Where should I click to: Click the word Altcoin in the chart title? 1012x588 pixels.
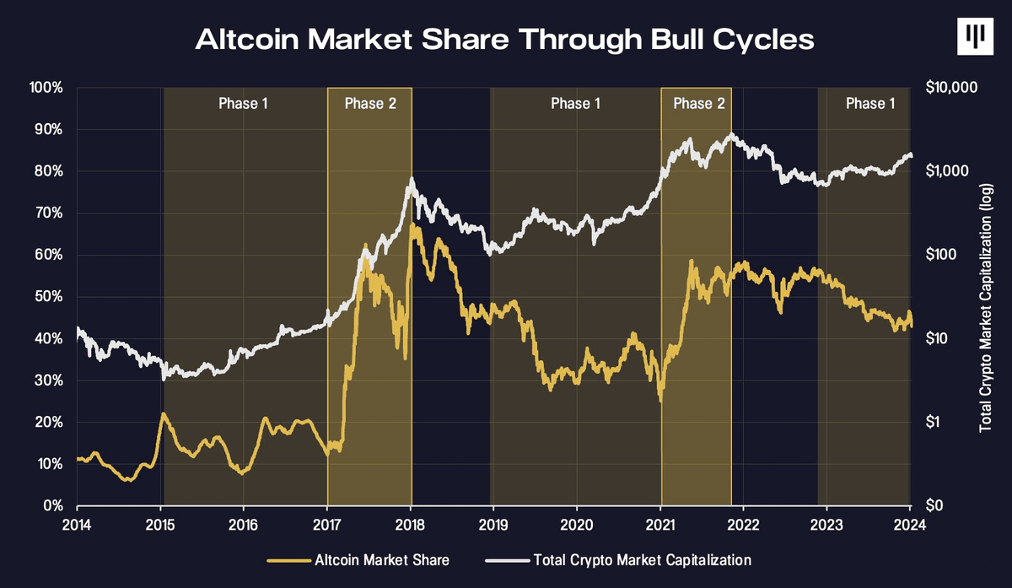(x=247, y=40)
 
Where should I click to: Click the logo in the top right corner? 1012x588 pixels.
(x=975, y=36)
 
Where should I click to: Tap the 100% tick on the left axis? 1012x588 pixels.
(x=46, y=88)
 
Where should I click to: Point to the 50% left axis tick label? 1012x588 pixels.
(x=49, y=297)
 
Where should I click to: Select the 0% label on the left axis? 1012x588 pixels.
(x=53, y=505)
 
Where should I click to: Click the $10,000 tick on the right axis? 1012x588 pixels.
(x=951, y=87)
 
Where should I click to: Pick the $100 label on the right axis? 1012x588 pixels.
(x=941, y=255)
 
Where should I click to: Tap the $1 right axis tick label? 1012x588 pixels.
(x=934, y=422)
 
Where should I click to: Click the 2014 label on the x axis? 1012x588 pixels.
(x=77, y=526)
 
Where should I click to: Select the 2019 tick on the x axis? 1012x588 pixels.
(x=493, y=526)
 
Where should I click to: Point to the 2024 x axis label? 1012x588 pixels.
(x=910, y=526)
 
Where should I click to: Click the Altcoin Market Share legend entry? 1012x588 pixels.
(x=358, y=560)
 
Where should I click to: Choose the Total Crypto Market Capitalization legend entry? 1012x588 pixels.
(x=618, y=560)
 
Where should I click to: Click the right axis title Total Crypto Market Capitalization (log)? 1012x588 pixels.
(x=985, y=308)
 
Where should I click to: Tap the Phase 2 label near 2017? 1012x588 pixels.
(x=370, y=104)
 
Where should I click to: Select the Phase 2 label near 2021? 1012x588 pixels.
(x=699, y=104)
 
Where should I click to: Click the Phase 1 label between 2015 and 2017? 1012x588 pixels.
(x=243, y=104)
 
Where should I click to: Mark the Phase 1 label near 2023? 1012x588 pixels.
(x=870, y=104)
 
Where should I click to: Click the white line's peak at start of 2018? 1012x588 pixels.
(x=412, y=179)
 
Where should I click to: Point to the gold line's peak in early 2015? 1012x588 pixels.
(x=163, y=413)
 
